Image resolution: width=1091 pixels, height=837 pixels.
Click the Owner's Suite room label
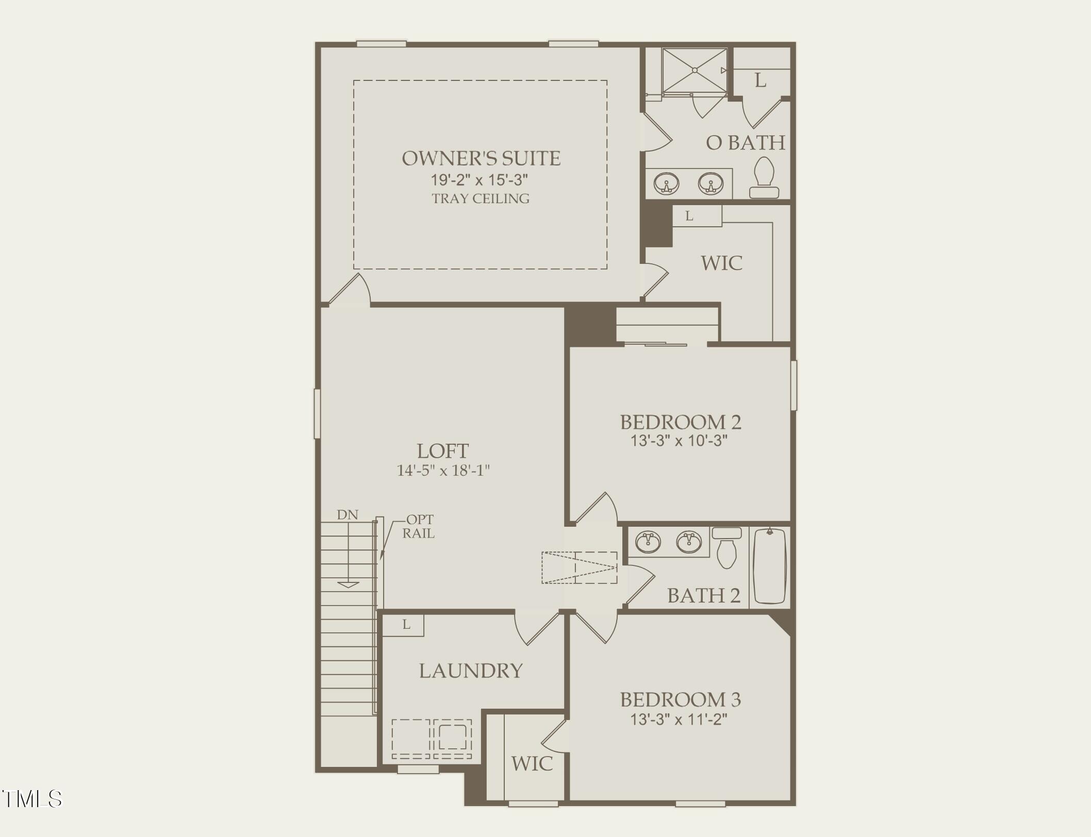pyautogui.click(x=481, y=159)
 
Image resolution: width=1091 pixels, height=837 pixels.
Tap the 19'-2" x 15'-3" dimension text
pyautogui.click(x=480, y=180)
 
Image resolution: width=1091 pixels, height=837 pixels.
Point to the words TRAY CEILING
pyautogui.click(x=481, y=198)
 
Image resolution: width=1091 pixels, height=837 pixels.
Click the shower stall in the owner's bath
pyautogui.click(x=695, y=71)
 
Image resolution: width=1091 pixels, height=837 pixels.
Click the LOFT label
pyautogui.click(x=442, y=451)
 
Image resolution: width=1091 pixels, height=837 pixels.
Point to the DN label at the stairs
pyautogui.click(x=348, y=514)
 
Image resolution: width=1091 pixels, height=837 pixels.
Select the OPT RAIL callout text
pyautogui.click(x=419, y=526)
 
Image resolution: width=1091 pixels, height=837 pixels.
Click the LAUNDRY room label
pyautogui.click(x=471, y=671)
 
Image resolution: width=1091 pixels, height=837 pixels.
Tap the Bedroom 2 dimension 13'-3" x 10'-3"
pyautogui.click(x=679, y=441)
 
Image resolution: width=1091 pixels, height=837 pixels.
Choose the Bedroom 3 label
pyautogui.click(x=680, y=699)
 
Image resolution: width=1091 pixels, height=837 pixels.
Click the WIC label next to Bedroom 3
pyautogui.click(x=532, y=763)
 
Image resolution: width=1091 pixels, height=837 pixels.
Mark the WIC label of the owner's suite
pyautogui.click(x=721, y=263)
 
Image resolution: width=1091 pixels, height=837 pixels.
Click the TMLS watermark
pyautogui.click(x=32, y=799)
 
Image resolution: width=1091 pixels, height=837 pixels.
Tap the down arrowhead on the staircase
pyautogui.click(x=348, y=584)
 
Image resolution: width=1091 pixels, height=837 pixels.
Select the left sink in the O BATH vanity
pyautogui.click(x=666, y=183)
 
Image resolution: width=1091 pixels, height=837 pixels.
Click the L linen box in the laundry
pyautogui.click(x=406, y=625)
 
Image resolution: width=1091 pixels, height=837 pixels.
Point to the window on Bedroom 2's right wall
pyautogui.click(x=794, y=385)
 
